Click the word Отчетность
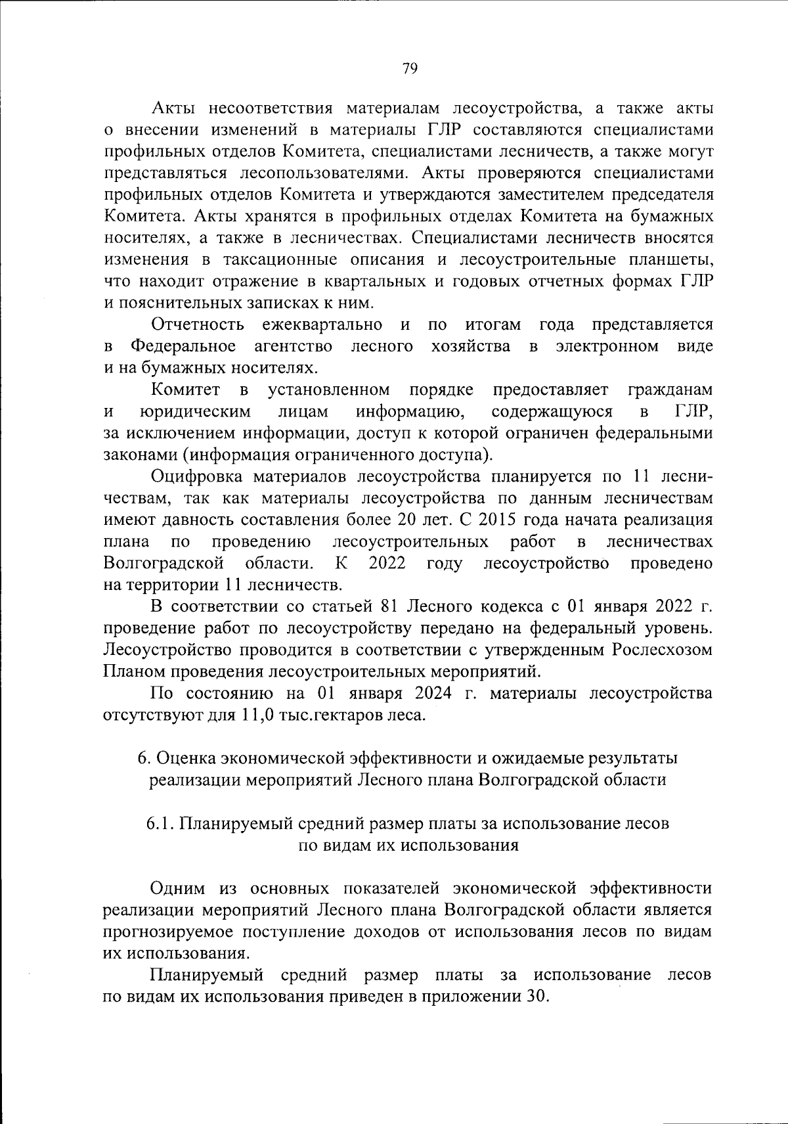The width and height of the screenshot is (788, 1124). click(x=198, y=325)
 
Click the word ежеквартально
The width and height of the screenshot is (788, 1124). click(x=322, y=325)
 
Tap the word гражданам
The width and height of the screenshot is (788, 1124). click(x=670, y=390)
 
